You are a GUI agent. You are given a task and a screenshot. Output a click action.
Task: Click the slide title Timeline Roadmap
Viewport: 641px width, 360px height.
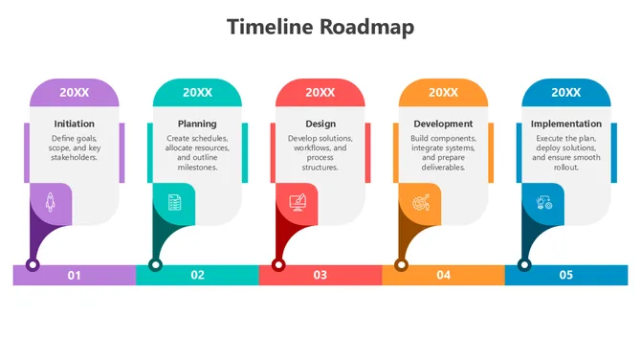(x=320, y=27)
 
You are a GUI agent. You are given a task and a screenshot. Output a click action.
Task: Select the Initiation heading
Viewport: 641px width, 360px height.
(x=75, y=124)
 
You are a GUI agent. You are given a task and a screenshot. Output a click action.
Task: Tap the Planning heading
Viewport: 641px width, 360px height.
(x=197, y=124)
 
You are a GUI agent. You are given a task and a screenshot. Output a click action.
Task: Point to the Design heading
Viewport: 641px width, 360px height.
(x=320, y=124)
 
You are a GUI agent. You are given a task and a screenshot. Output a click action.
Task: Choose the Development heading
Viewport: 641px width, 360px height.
(x=443, y=124)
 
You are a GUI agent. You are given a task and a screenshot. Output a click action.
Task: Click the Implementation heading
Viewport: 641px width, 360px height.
(x=566, y=124)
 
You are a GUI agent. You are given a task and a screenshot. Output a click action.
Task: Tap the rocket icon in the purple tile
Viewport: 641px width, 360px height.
(x=51, y=202)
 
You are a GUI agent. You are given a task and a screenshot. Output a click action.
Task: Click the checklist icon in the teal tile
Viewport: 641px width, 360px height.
(x=174, y=202)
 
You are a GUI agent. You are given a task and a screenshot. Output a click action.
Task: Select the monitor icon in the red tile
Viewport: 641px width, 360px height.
(x=297, y=202)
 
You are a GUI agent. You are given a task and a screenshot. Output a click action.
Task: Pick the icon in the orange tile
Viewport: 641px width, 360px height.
(x=420, y=202)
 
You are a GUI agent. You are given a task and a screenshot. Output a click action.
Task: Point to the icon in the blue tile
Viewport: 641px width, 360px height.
(x=543, y=202)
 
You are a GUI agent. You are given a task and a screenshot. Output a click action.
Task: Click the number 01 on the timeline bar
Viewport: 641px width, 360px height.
(x=74, y=276)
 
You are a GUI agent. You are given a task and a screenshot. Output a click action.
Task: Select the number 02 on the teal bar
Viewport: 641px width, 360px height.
(x=197, y=276)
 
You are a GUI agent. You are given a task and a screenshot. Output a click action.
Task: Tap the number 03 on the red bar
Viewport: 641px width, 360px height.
(x=320, y=276)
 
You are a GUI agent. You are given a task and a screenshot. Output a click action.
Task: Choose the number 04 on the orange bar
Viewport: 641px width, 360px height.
(x=443, y=276)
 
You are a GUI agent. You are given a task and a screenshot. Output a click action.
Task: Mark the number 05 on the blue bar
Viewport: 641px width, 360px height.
(x=566, y=276)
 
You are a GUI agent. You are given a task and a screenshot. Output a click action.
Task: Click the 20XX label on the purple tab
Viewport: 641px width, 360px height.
(x=75, y=92)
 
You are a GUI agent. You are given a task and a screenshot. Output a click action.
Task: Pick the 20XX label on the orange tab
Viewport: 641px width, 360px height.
(x=443, y=92)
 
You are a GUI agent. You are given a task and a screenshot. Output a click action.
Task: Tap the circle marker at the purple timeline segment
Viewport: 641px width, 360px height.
(x=33, y=264)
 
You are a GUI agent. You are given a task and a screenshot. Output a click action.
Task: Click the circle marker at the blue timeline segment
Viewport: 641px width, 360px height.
(x=524, y=264)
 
